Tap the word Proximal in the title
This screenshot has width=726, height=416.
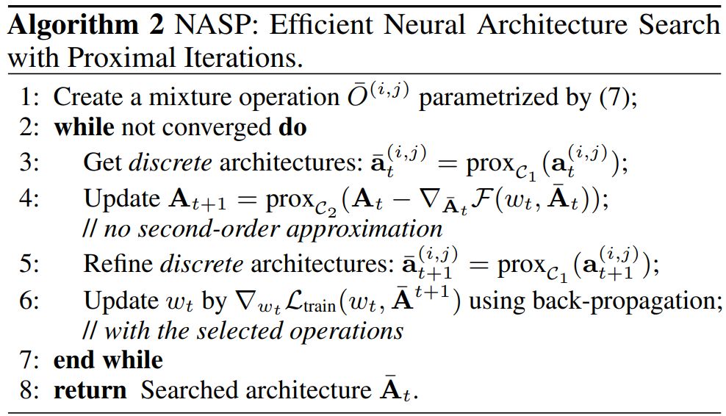(113, 57)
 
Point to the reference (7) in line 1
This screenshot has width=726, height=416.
(619, 96)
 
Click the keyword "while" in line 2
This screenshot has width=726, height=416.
(84, 128)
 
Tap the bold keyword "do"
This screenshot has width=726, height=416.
(292, 128)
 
